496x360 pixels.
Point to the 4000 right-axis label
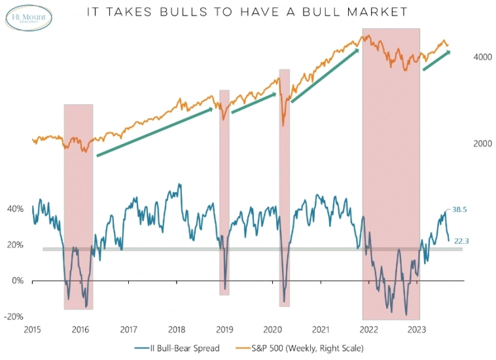[x=482, y=58]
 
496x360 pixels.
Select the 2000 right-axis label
[x=482, y=143]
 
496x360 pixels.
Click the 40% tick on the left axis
[x=14, y=209]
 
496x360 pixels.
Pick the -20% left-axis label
[x=13, y=317]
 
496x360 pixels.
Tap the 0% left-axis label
[x=17, y=281]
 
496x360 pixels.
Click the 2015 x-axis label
[x=33, y=329]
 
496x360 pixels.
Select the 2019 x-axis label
[x=224, y=329]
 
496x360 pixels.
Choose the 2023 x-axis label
[x=416, y=329]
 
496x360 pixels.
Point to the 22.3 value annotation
[x=462, y=241]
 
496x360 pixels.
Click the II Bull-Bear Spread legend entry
[x=177, y=348]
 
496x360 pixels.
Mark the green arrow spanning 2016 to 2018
[x=154, y=132]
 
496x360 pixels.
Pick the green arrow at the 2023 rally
[x=436, y=60]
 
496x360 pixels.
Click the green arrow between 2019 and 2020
[x=253, y=103]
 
